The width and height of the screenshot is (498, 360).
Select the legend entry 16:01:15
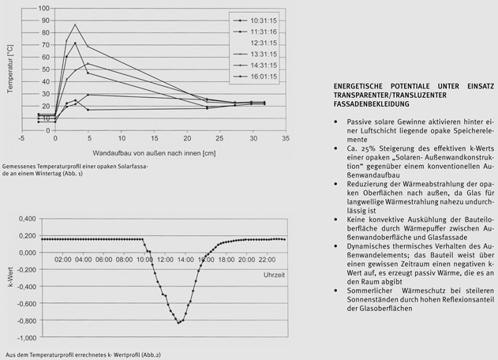(267, 76)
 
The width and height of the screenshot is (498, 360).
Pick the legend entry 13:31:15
(267, 52)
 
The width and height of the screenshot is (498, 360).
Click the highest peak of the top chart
(75, 24)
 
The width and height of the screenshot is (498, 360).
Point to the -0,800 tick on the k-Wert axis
(26, 321)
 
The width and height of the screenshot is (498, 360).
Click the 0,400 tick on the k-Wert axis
(26, 218)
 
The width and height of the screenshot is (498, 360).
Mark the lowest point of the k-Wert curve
(178, 323)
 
